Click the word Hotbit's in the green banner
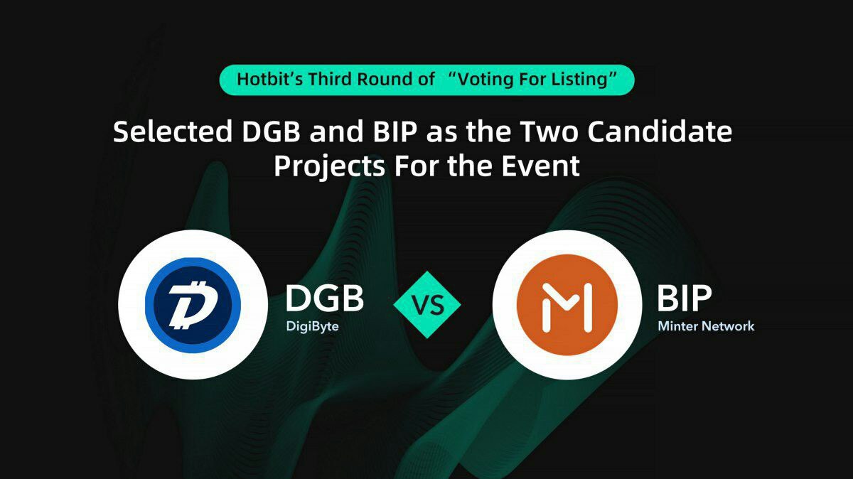tap(270, 79)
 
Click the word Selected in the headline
tap(173, 131)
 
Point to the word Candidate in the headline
tap(660, 131)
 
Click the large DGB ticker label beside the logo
tap(324, 298)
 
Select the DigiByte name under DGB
tap(312, 326)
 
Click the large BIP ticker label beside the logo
tap(685, 298)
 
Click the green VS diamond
tap(427, 305)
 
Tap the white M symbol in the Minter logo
tap(567, 307)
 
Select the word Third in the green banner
tap(330, 79)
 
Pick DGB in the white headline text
tap(271, 131)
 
